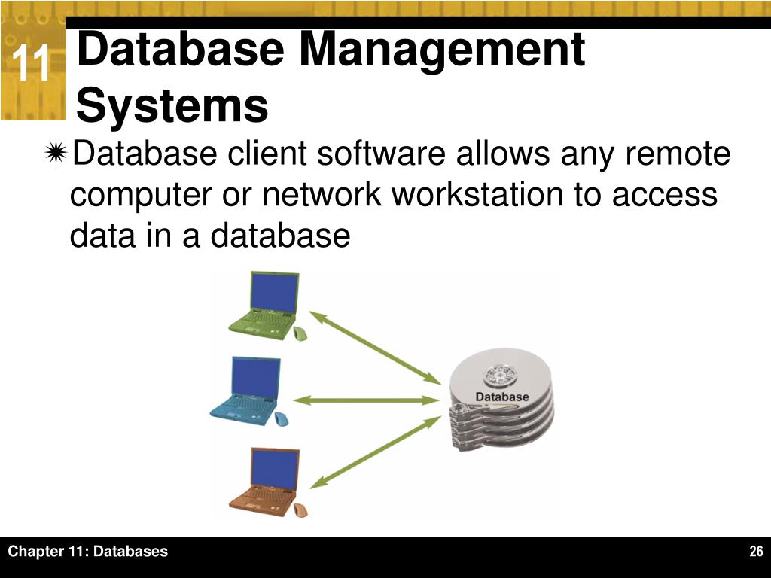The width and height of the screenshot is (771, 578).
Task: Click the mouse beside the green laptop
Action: click(x=300, y=333)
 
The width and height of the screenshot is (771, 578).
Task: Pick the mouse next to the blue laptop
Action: click(x=281, y=418)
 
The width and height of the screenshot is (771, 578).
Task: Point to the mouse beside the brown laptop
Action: click(x=300, y=510)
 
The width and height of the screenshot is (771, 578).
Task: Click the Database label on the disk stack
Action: click(x=502, y=397)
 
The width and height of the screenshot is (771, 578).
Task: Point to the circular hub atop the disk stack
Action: click(x=500, y=374)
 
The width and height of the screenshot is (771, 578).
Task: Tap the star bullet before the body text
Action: click(x=56, y=155)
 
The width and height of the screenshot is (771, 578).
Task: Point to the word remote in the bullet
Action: click(x=678, y=155)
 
